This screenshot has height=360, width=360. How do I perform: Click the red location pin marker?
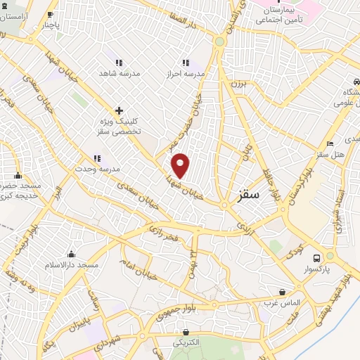click(181, 165)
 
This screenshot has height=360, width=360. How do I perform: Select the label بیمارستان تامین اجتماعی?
click(271, 16)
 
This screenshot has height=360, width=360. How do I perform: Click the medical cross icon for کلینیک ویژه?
click(119, 110)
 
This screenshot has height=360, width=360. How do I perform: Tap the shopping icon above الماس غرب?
click(282, 292)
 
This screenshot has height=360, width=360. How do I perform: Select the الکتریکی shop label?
click(186, 342)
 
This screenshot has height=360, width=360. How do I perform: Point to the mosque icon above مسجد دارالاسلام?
click(70, 255)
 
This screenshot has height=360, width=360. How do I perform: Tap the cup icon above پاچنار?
click(50, 14)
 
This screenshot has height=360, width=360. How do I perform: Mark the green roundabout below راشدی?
click(219, 41)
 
